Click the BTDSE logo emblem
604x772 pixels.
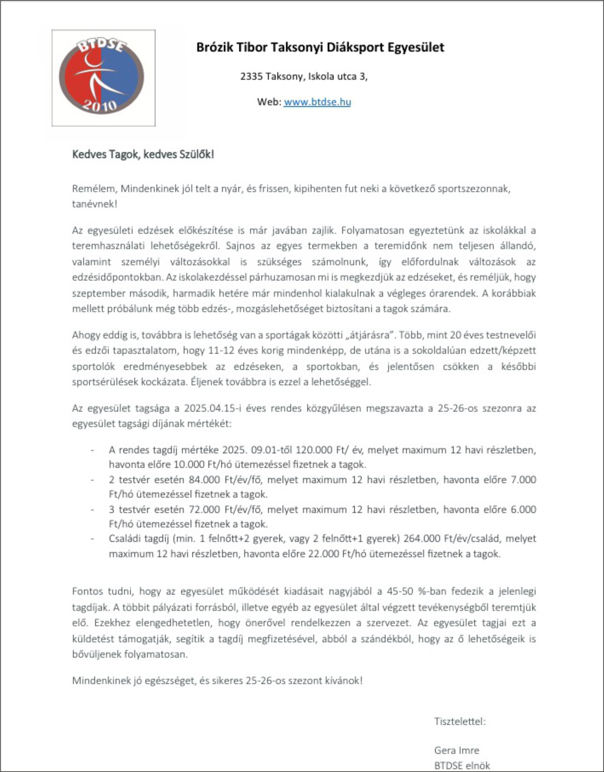102,77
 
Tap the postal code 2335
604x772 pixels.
251,76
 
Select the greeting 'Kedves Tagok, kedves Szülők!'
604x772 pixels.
143,154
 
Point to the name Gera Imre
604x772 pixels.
457,750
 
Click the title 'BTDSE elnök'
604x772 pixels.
462,766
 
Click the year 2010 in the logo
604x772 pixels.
100,105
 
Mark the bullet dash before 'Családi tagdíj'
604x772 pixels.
92,539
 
